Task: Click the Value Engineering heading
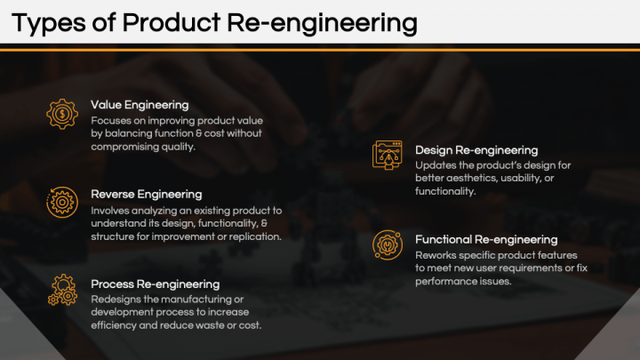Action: click(140, 105)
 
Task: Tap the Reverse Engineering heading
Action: click(147, 194)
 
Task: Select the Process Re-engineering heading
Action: click(156, 284)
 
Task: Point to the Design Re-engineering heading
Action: click(476, 150)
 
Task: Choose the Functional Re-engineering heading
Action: click(486, 239)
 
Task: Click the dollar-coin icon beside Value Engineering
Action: click(62, 113)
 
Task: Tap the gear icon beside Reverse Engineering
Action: click(62, 202)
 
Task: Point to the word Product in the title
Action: click(156, 23)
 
